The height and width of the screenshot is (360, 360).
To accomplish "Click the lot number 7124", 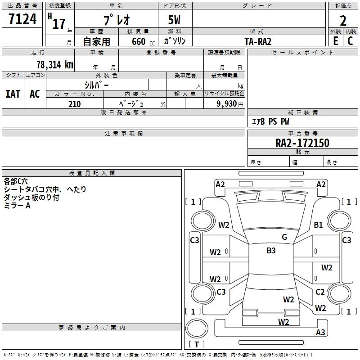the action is point(22,18).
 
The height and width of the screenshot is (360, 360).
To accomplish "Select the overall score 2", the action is point(343,21).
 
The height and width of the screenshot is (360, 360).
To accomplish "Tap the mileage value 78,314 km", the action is point(55,64).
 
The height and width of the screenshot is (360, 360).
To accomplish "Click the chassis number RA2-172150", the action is point(302,143).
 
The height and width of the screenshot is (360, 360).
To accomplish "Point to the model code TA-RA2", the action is point(258,41).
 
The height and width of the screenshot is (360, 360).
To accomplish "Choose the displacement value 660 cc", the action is point(143,41).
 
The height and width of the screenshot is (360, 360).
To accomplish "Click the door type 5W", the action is point(174,20).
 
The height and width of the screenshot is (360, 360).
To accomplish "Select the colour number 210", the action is point(75,104).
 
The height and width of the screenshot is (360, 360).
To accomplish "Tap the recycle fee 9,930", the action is point(227,104).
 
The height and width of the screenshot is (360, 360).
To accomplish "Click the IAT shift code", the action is point(13,94).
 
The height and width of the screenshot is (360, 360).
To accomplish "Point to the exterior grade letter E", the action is point(336,41).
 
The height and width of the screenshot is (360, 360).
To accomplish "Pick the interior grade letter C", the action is point(350,41).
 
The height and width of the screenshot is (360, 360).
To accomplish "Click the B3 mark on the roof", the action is point(271,251).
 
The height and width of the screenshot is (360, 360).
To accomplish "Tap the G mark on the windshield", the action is point(284,237).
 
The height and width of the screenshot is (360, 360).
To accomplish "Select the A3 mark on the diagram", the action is point(320,332).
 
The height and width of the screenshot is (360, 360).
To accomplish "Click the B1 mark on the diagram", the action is point(318,225).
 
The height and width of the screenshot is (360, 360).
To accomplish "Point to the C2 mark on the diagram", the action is point(320,292).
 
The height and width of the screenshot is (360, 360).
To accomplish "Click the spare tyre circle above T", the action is point(197,328).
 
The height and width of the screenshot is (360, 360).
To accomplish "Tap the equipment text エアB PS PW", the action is point(271,121).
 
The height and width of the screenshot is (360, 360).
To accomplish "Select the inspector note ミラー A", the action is point(17,206).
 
